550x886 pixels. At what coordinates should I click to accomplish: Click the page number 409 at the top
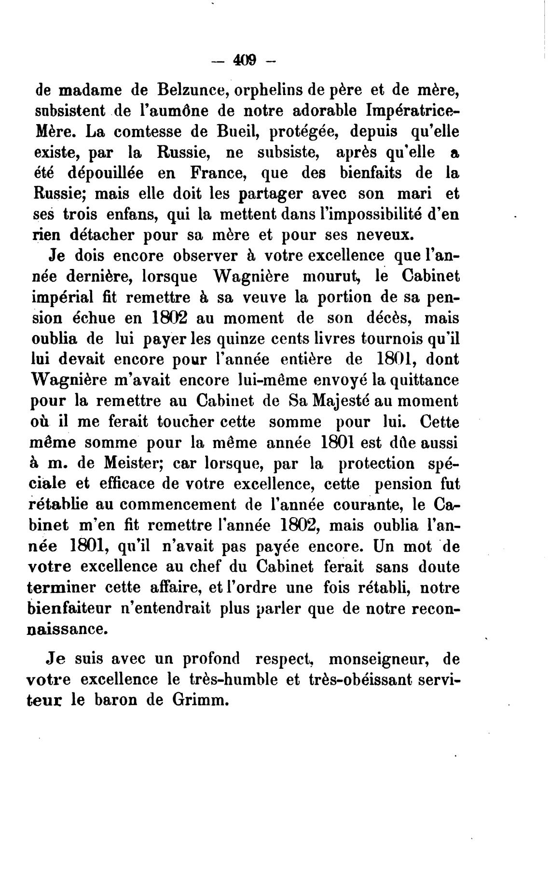244,60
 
